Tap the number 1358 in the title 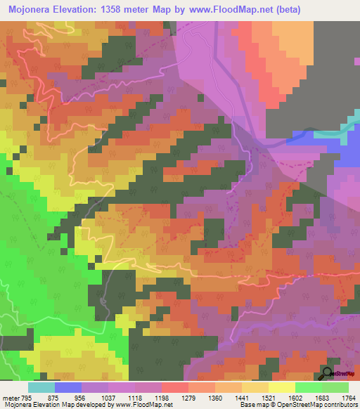click(130, 10)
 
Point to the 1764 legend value click(349, 398)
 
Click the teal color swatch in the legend click(41, 387)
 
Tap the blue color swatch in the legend click(68, 387)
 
